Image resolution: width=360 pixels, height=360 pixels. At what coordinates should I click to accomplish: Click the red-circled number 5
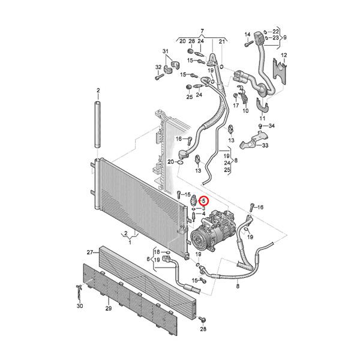click(203, 200)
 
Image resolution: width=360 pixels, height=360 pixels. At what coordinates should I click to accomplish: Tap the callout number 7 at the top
click(202, 31)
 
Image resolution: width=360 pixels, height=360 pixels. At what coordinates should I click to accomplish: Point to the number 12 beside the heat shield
click(284, 55)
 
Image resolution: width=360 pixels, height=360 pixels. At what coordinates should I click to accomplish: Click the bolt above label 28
click(202, 319)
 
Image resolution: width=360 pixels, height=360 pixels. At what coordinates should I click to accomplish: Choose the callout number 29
click(109, 308)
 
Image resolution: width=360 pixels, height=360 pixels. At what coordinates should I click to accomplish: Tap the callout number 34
click(271, 125)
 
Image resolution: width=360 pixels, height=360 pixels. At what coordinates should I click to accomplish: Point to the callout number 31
click(166, 51)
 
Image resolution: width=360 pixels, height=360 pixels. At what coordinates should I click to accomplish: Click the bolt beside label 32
click(160, 77)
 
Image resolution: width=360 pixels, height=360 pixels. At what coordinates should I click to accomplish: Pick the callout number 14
click(247, 35)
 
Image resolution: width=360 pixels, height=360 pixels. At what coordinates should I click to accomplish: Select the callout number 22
click(276, 31)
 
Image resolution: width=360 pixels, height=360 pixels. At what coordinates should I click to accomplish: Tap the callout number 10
click(245, 111)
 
